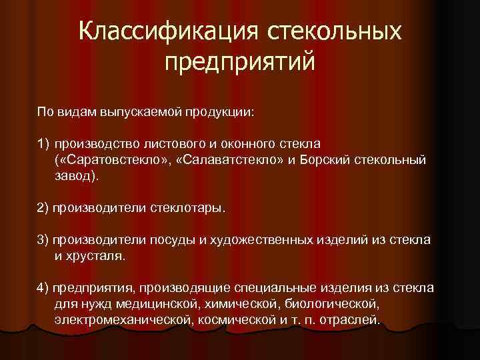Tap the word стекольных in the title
coord(334,32)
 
